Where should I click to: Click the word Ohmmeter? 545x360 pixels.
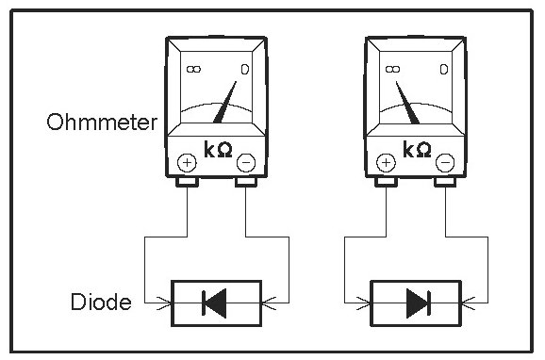pos(102,122)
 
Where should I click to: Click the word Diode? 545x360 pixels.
pos(101,302)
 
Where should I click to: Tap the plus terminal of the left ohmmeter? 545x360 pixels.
pos(187,163)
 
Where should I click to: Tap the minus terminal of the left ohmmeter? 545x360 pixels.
pos(246,163)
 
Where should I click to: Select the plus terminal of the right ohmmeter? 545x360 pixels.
pos(387,163)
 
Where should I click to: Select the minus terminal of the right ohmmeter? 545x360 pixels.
pos(445,163)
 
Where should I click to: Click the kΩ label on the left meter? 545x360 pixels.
pos(218,150)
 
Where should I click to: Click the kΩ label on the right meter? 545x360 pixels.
pos(417,150)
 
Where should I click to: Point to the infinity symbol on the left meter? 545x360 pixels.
pos(193,70)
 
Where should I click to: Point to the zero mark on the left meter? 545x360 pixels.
pos(245,70)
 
